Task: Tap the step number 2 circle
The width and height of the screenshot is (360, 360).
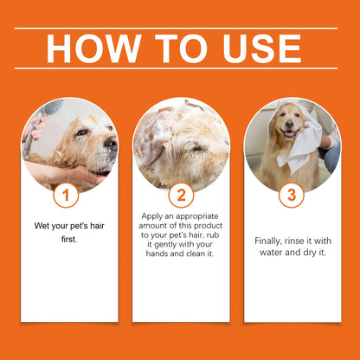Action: click(180, 196)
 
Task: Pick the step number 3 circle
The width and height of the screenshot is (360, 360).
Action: click(292, 196)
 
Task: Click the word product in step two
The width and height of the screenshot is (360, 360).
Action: click(208, 225)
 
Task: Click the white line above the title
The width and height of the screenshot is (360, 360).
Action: click(180, 29)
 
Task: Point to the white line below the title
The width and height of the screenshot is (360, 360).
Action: click(180, 68)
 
